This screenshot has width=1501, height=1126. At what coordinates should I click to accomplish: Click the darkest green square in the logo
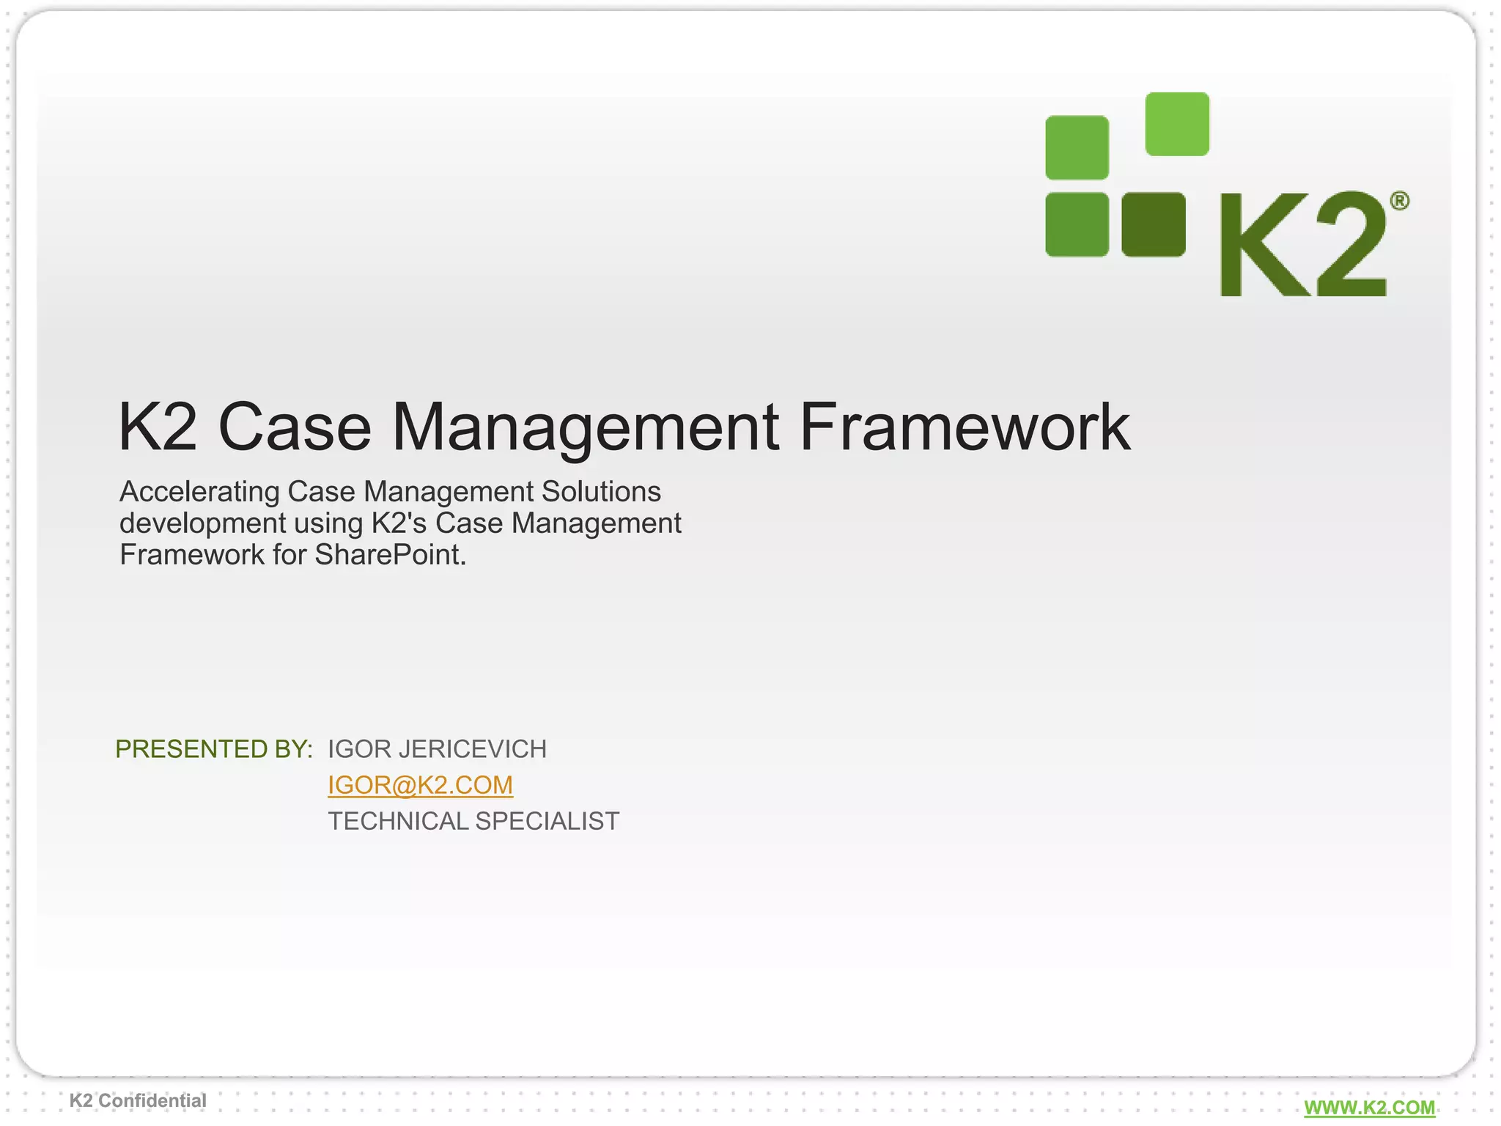1153,224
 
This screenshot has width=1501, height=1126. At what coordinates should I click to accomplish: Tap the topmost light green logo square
1176,124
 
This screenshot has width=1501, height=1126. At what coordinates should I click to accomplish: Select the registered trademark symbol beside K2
1399,201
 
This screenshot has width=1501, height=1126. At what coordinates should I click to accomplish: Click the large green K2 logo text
1303,245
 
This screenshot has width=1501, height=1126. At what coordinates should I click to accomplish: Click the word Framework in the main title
965,427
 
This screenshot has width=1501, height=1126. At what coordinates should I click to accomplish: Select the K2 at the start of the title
158,427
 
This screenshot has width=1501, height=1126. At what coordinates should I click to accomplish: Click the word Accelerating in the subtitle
199,491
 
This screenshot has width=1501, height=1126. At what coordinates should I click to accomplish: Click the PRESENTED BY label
214,749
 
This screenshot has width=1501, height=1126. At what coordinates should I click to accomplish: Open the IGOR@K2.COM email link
420,785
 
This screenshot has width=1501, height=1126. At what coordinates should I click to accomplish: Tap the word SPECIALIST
547,821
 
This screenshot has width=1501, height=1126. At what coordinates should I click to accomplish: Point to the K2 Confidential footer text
138,1100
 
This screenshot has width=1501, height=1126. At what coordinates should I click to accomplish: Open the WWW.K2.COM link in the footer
1369,1108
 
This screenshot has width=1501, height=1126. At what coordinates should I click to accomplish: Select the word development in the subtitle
203,523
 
